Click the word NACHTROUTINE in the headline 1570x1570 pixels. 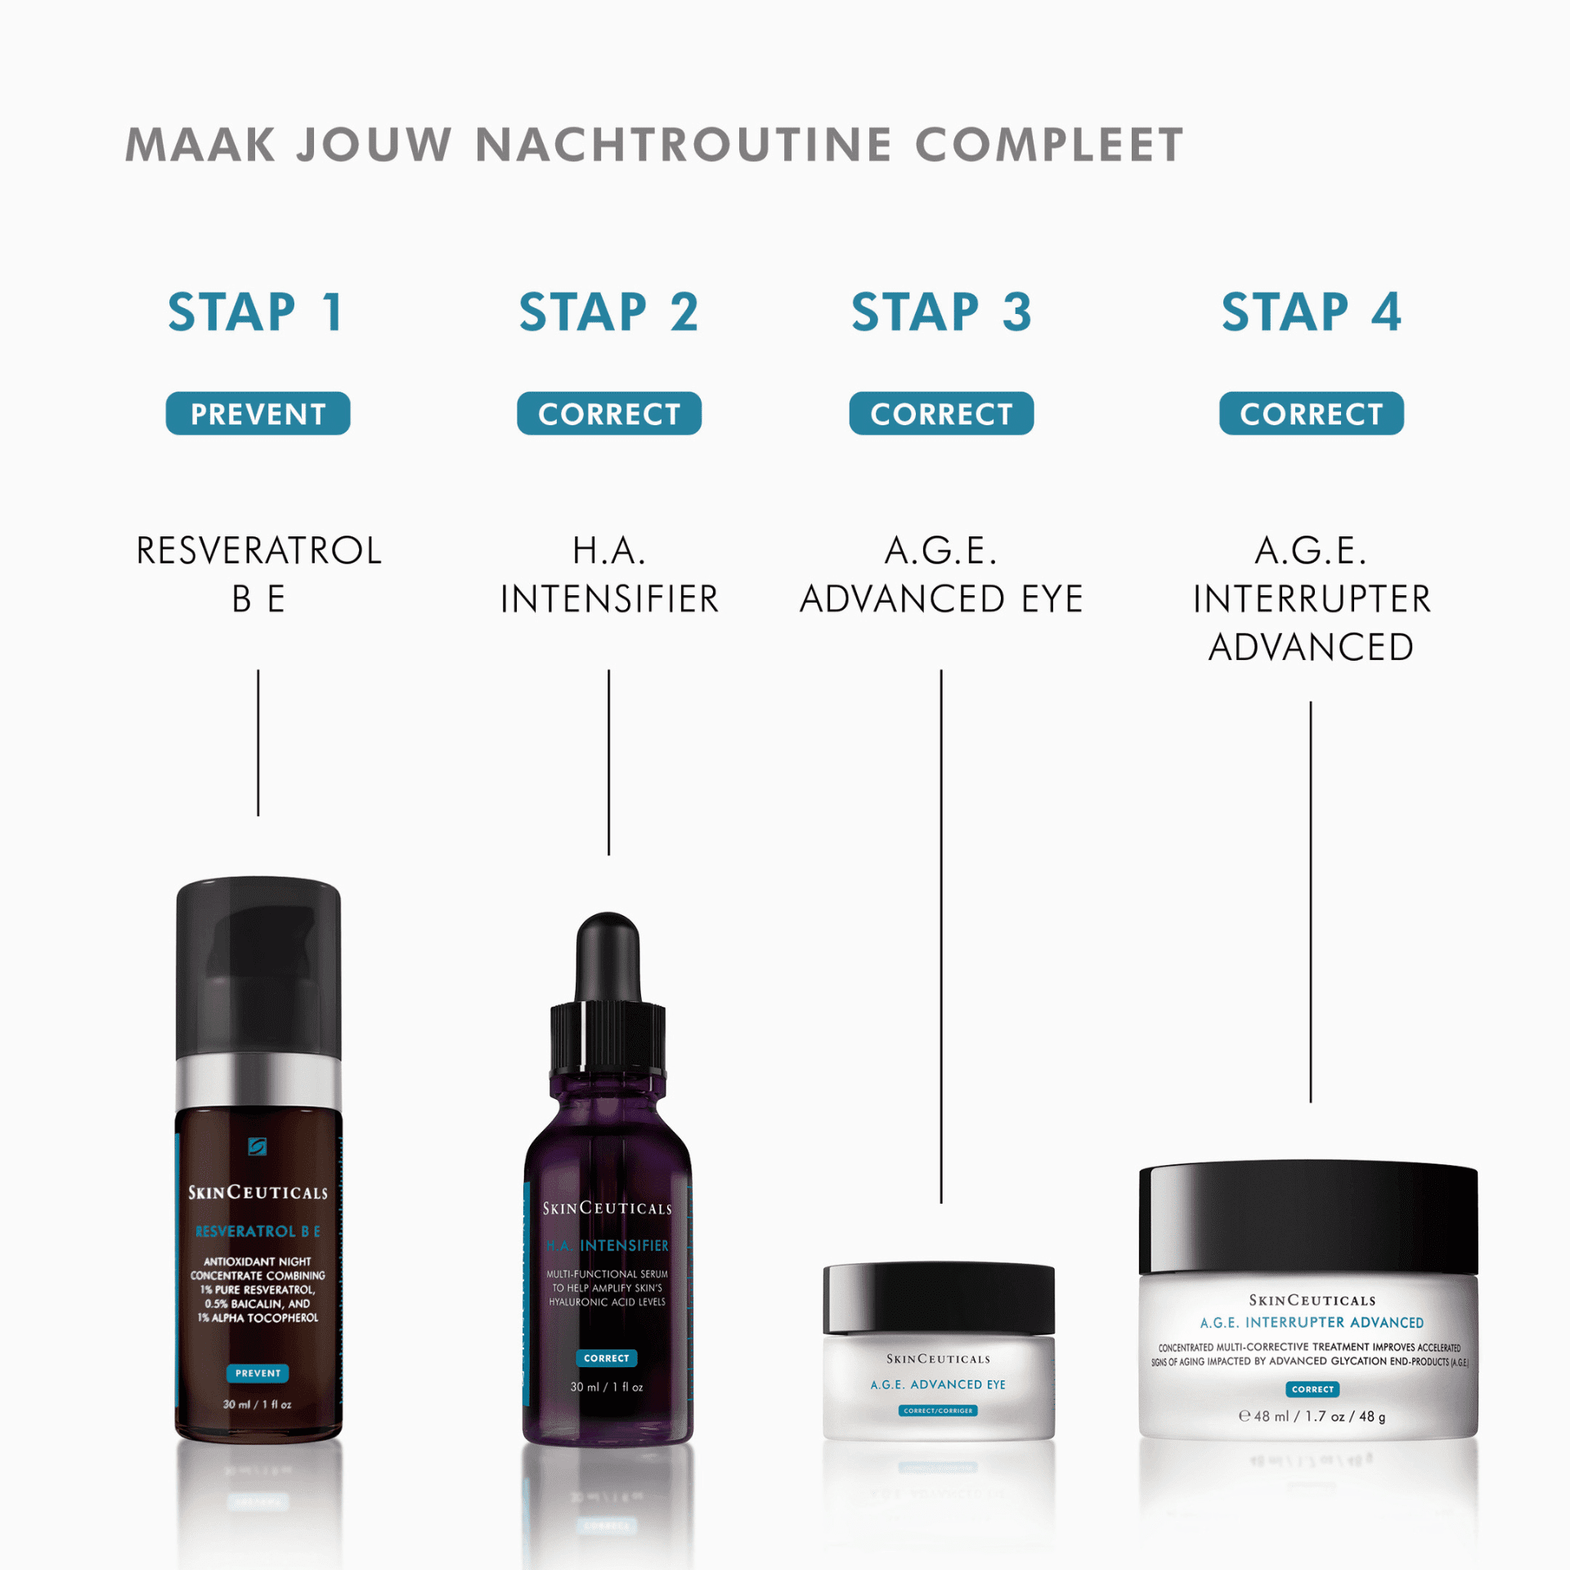click(x=683, y=146)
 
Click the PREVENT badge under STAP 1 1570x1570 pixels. click(x=258, y=414)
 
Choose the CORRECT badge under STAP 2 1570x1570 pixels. click(x=608, y=414)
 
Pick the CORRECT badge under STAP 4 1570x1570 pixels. click(x=1311, y=414)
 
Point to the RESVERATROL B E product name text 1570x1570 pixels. click(x=258, y=574)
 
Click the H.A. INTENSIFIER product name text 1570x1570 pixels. click(x=608, y=574)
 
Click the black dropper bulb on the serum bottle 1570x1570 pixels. click(x=608, y=953)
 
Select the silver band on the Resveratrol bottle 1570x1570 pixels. click(x=258, y=1082)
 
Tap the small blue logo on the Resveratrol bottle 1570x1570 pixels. click(x=257, y=1146)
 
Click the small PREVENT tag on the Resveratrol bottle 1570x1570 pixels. click(x=258, y=1373)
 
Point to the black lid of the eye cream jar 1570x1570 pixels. click(x=939, y=1299)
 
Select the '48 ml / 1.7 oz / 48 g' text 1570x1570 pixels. click(x=1312, y=1416)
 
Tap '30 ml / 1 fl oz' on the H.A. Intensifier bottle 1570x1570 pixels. click(x=607, y=1387)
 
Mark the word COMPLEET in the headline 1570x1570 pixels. click(x=1049, y=146)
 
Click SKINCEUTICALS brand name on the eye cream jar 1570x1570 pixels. click(x=938, y=1358)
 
